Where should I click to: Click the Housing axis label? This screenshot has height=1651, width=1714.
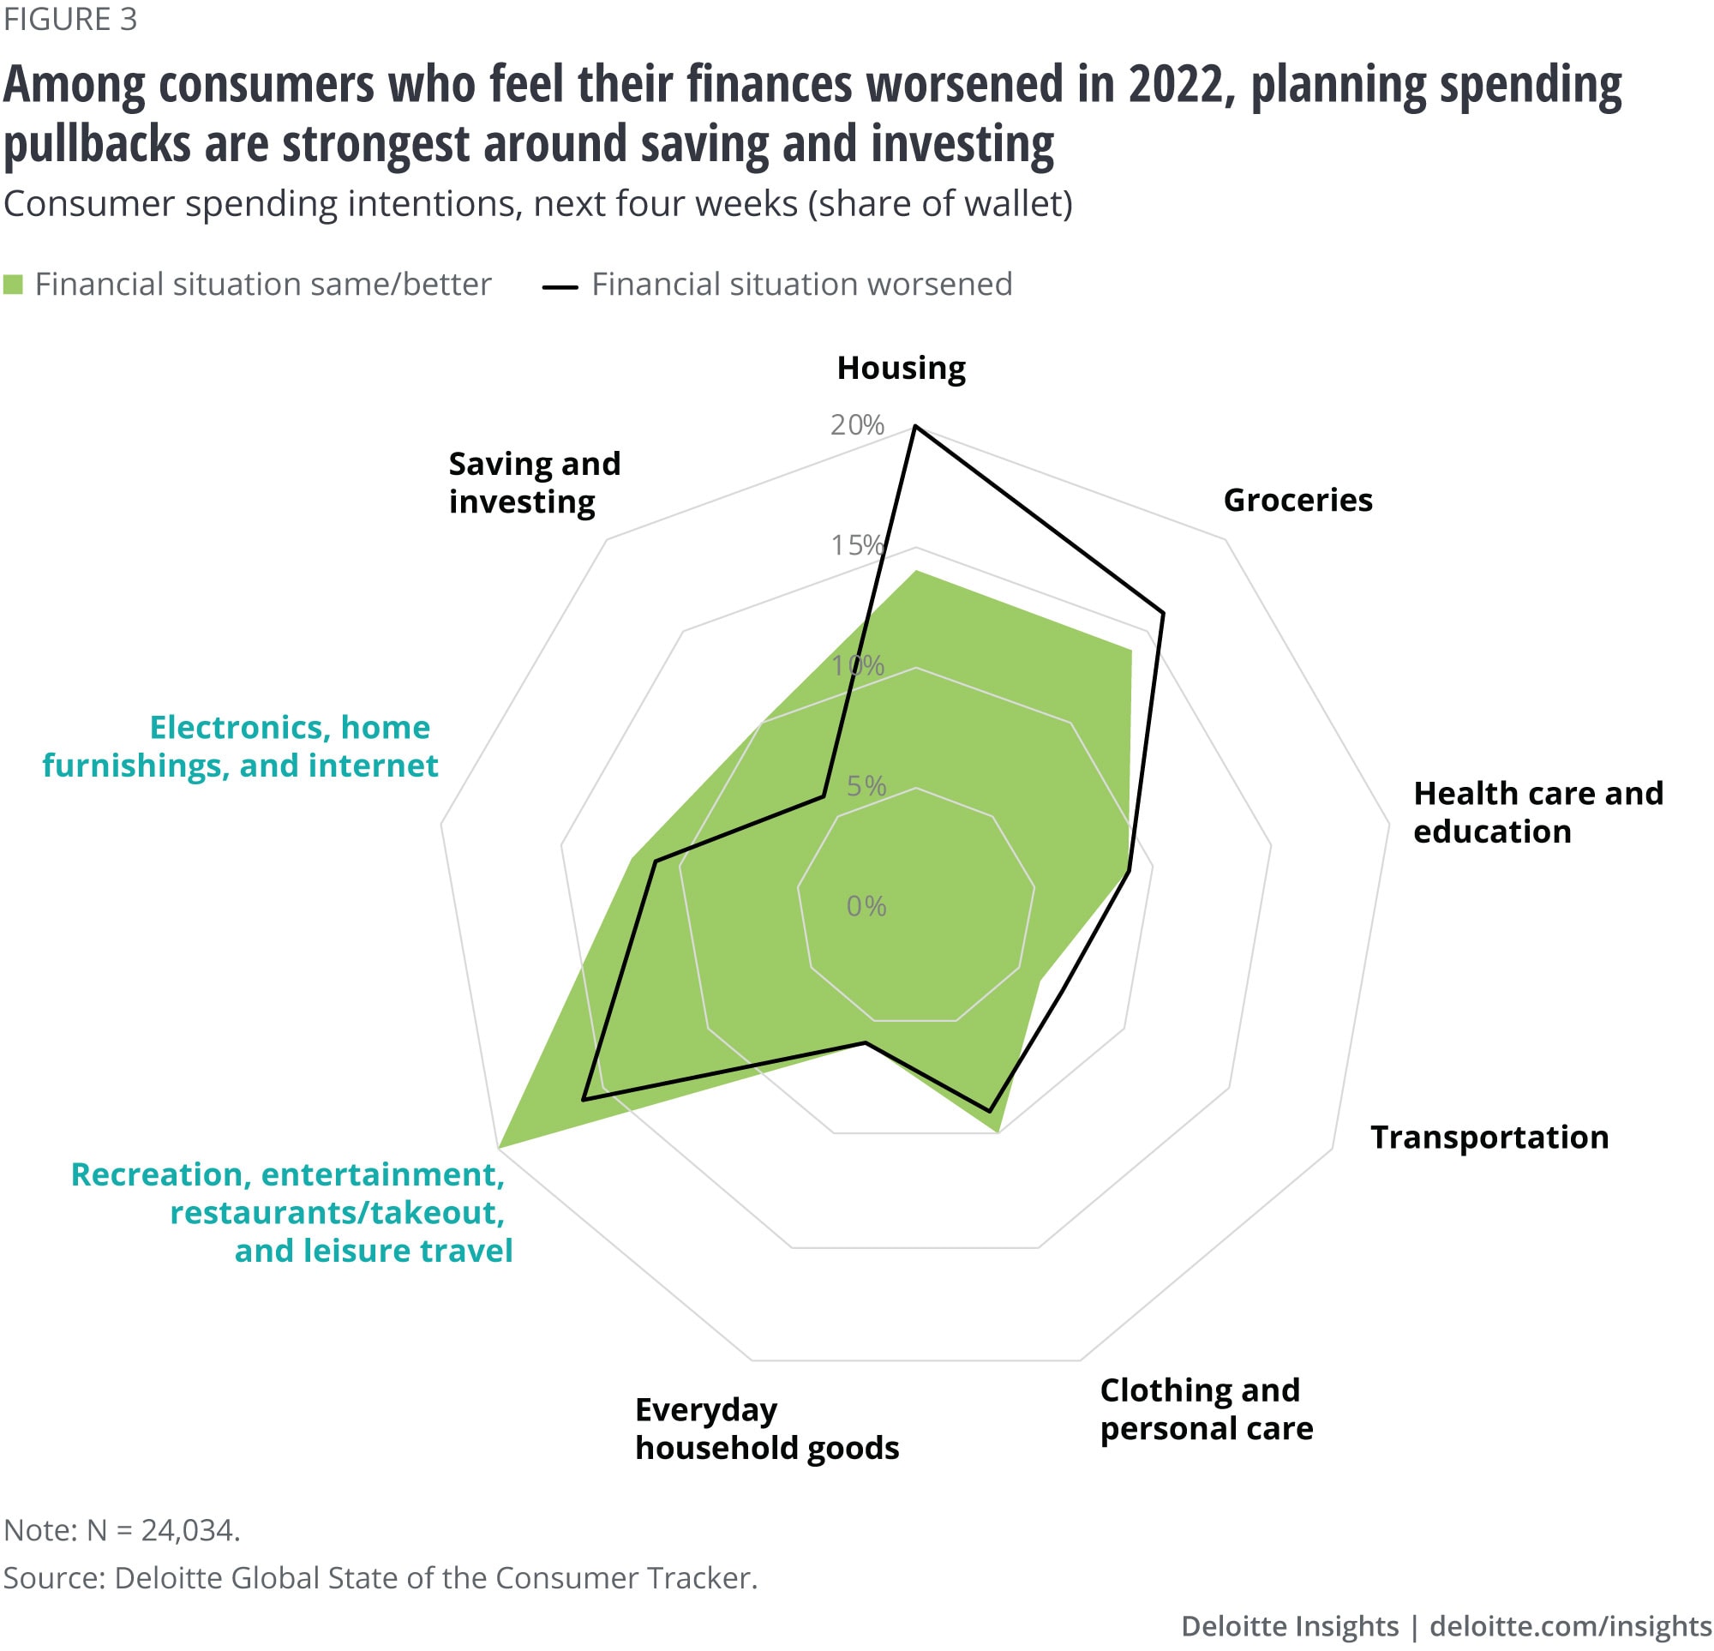(901, 369)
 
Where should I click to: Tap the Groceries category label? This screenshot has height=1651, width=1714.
(1297, 501)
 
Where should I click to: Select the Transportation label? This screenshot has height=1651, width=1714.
(1489, 1138)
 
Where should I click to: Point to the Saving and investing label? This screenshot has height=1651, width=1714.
(534, 483)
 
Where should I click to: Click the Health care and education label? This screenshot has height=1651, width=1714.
(1537, 812)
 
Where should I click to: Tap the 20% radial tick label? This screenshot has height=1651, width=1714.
(857, 425)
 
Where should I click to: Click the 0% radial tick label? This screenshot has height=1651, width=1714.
(866, 906)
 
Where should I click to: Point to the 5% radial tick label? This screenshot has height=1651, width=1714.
(866, 786)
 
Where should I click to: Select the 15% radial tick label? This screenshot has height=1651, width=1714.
(857, 545)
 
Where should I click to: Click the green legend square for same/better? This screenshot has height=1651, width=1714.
(13, 285)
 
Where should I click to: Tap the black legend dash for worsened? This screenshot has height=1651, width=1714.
(560, 286)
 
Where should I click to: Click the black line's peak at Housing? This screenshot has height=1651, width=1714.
(914, 427)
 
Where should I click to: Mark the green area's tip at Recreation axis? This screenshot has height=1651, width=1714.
(499, 1146)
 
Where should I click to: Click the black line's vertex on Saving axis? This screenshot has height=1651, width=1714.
(823, 796)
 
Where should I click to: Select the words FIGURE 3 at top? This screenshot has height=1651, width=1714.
(70, 19)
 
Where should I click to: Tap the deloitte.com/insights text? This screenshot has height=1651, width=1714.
(1570, 1625)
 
